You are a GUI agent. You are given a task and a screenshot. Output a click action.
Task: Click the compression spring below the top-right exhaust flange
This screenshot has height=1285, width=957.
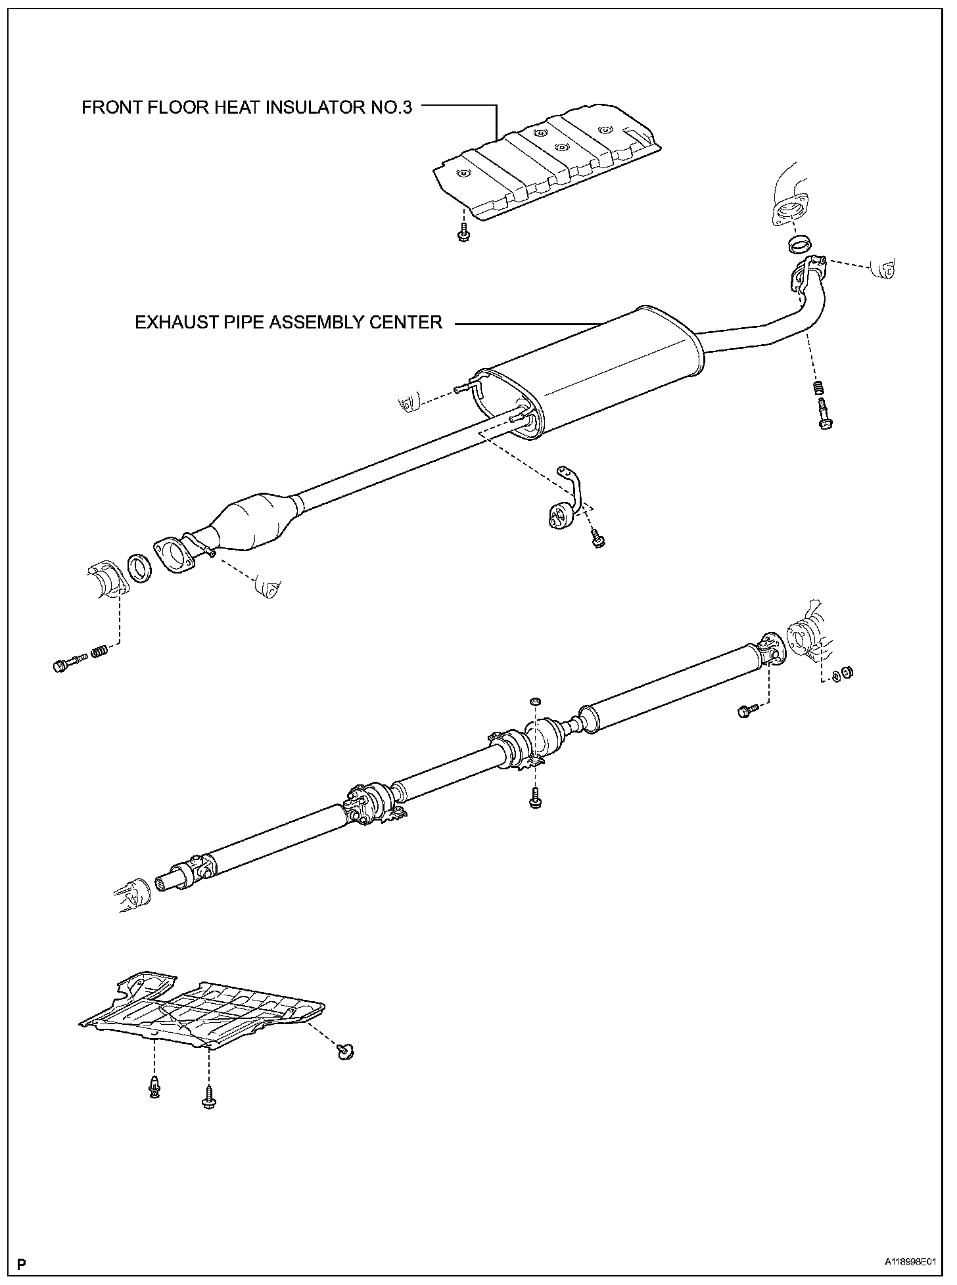(818, 388)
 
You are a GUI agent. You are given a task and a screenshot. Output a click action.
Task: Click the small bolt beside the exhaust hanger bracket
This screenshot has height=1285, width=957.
(598, 540)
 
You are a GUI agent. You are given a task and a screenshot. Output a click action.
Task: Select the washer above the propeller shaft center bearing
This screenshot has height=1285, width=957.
(535, 703)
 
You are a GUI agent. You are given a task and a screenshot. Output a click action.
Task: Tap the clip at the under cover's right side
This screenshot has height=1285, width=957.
(344, 1052)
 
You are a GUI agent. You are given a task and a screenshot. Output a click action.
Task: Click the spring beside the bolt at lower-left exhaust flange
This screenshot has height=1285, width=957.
(99, 652)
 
